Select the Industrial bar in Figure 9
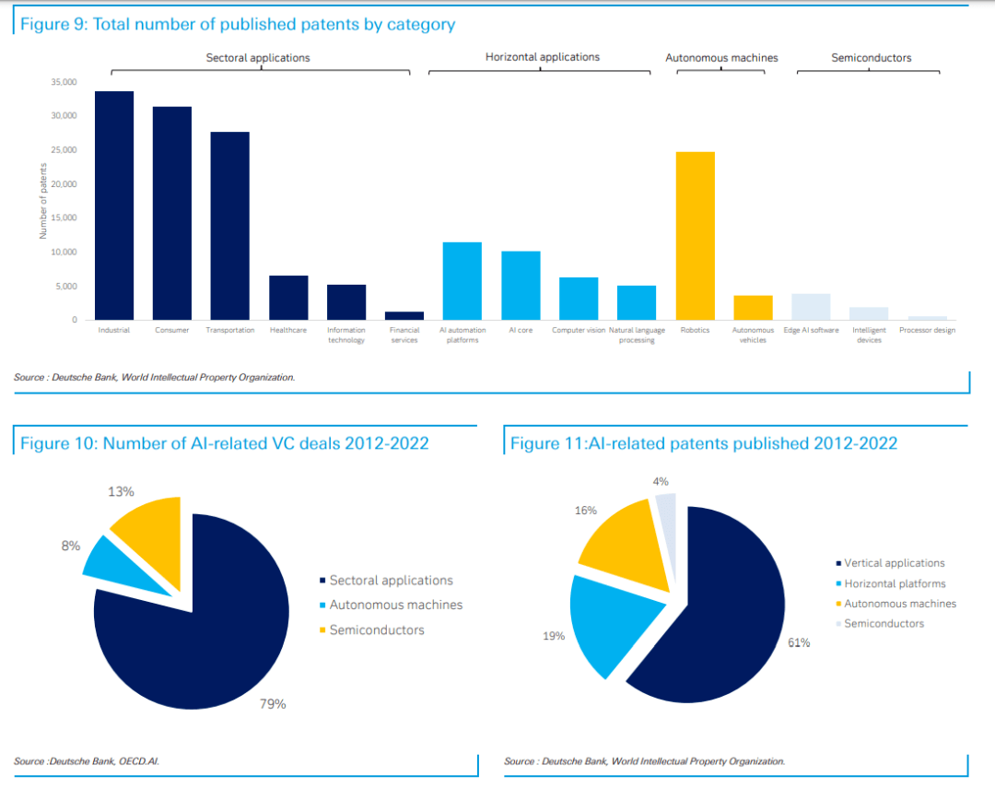[x=115, y=205]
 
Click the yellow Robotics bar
[x=695, y=236]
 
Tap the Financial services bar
[x=404, y=315]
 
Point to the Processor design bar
[x=927, y=318]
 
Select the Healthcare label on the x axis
[x=288, y=330]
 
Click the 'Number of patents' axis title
[x=42, y=202]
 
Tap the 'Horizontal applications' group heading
[x=542, y=57]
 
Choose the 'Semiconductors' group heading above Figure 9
[x=871, y=58]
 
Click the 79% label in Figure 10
[x=273, y=704]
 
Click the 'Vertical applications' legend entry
[x=895, y=563]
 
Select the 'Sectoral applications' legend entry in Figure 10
[x=391, y=581]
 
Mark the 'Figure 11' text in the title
[x=545, y=443]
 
